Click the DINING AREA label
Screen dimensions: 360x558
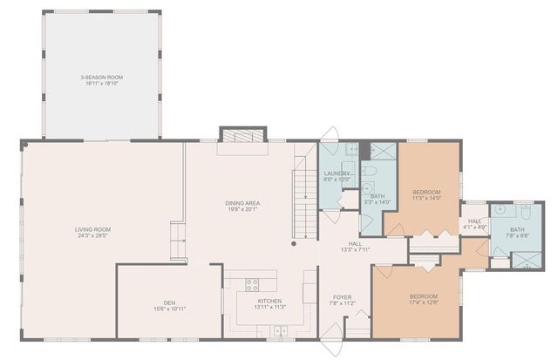point(243,203)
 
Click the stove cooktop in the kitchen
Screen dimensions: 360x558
point(252,283)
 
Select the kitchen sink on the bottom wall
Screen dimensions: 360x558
point(279,330)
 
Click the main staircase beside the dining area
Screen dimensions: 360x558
point(303,196)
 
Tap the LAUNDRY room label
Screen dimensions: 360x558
point(337,173)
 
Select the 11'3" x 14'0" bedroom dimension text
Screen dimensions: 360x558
point(426,199)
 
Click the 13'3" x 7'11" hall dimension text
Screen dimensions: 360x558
point(355,250)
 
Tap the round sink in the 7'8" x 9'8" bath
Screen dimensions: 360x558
point(500,211)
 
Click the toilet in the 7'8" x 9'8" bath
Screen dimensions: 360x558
point(527,211)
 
